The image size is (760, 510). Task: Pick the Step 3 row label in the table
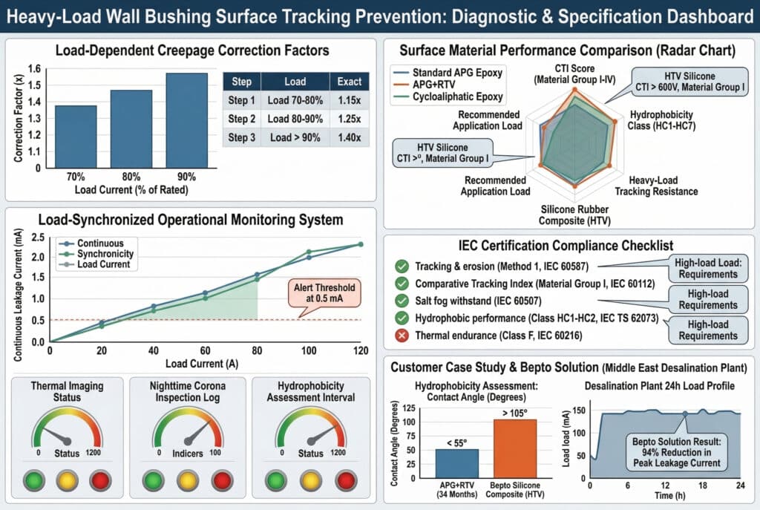click(x=242, y=138)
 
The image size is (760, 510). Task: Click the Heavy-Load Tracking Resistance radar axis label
click(x=663, y=186)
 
